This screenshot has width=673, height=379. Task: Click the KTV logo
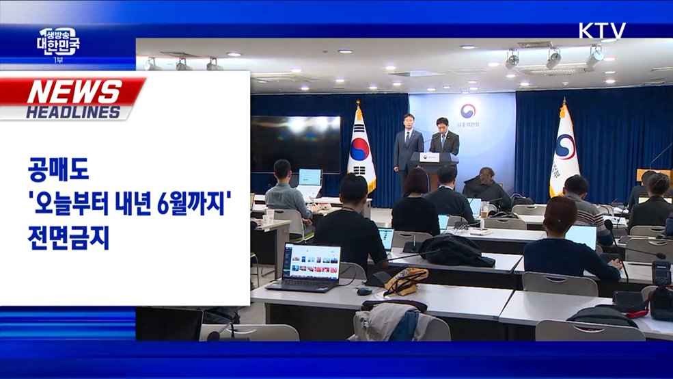602,31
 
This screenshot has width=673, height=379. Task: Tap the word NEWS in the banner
74,92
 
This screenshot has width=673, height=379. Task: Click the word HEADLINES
73,112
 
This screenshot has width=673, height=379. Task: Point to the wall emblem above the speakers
467,110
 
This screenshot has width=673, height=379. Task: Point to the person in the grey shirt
286,192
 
